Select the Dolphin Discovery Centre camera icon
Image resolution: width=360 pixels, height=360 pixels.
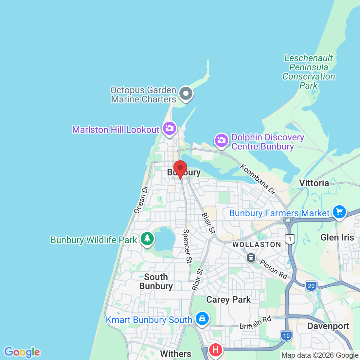click(221, 140)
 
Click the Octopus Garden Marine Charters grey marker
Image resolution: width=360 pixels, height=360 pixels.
click(186, 93)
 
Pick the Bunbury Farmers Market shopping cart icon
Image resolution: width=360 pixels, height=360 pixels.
click(339, 212)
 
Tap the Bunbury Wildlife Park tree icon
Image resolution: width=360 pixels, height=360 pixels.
click(147, 238)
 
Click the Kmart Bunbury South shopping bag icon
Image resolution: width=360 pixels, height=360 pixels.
click(202, 318)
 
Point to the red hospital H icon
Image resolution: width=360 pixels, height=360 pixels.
click(215, 350)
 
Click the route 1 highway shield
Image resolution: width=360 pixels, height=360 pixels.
click(290, 239)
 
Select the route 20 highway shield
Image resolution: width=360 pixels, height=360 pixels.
click(311, 286)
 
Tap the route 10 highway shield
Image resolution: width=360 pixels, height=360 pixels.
click(286, 335)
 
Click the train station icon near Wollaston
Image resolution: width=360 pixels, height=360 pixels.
click(251, 258)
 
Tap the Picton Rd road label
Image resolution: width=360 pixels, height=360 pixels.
click(274, 269)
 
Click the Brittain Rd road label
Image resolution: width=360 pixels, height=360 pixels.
click(255, 322)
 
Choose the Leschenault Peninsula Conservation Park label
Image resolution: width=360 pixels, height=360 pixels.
click(309, 72)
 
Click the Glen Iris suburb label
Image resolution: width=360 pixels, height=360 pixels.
click(337, 237)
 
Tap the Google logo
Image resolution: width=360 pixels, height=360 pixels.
click(22, 352)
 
